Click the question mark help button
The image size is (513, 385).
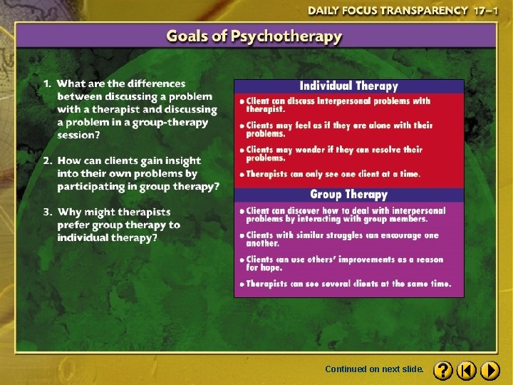(442, 370)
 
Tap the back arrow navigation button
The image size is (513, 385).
(466, 370)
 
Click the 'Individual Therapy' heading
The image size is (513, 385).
(348, 86)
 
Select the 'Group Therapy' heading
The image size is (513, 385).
(348, 194)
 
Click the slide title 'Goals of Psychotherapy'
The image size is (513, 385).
(254, 36)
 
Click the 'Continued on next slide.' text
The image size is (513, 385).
(374, 369)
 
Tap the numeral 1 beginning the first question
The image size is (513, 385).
(47, 84)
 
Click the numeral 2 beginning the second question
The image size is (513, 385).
(47, 161)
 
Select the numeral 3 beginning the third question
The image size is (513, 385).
(47, 212)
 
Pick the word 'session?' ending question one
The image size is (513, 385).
(79, 135)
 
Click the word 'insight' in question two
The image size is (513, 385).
(182, 161)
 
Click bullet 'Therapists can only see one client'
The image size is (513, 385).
(333, 173)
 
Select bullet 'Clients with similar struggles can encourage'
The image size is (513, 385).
(342, 235)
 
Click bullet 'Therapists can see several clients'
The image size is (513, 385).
(348, 283)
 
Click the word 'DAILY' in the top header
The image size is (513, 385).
(325, 11)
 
